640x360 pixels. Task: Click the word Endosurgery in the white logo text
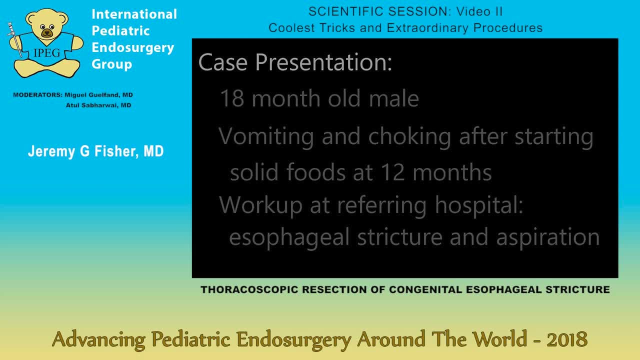tap(132, 47)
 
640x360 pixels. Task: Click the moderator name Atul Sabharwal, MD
tap(98, 105)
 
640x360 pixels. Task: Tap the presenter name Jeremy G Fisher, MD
tap(95, 151)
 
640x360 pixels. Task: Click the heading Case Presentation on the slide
tap(295, 62)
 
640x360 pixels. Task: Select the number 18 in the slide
tap(232, 98)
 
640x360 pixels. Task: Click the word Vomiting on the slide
tap(266, 136)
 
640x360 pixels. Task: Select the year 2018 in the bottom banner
tap(567, 340)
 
